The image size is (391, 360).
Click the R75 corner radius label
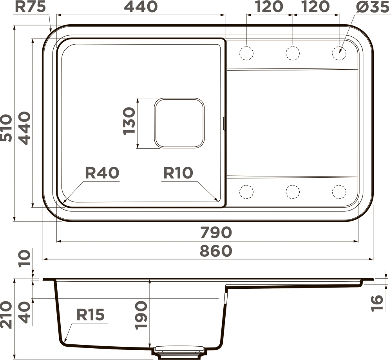[31, 7]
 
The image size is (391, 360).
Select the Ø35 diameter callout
[373, 7]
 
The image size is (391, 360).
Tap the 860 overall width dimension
[216, 251]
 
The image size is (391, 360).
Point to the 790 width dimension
[216, 232]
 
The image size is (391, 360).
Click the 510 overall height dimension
[6, 128]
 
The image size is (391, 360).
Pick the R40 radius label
[102, 173]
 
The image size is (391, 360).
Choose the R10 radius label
[178, 173]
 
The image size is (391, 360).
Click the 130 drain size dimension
[129, 121]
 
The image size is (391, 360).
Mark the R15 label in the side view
[90, 315]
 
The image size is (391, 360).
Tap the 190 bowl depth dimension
[141, 315]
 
